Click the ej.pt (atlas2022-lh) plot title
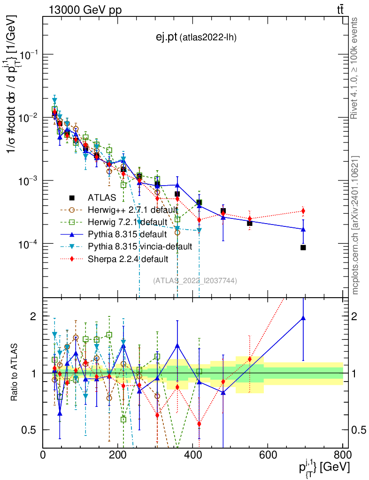tap(196, 38)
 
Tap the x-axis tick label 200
tap(118, 454)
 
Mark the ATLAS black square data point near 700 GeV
tap(303, 247)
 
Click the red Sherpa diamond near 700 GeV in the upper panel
tap(303, 211)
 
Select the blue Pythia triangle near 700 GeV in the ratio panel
tap(303, 318)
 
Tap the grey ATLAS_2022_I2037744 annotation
tap(195, 280)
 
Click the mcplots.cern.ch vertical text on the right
tap(355, 225)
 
